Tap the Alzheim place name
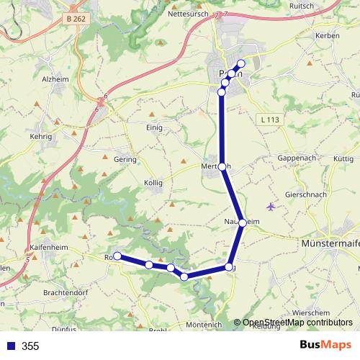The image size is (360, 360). pos(56,80)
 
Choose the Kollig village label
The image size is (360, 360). pos(153,183)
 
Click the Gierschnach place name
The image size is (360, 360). pos(306,194)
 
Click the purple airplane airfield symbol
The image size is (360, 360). pos(271,207)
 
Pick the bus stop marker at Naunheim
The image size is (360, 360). pos(243,222)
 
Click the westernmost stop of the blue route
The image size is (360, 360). pos(117,256)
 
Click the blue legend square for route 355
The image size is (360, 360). pos(11,346)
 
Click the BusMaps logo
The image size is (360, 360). pos(325,346)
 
